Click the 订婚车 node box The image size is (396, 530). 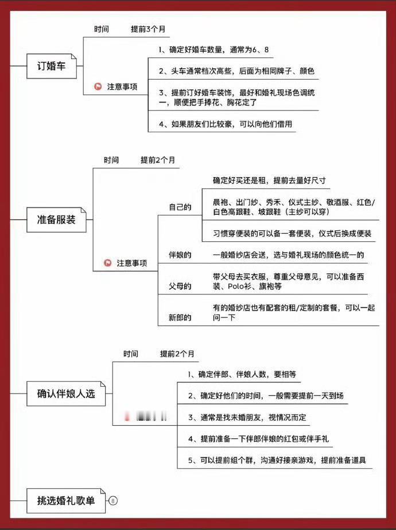pyautogui.click(x=51, y=66)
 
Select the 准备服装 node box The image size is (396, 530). pyautogui.click(x=56, y=219)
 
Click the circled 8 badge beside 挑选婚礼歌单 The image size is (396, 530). pyautogui.click(x=112, y=501)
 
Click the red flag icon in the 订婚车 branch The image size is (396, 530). pyautogui.click(x=98, y=87)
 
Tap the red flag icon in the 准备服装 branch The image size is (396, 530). pyautogui.click(x=107, y=263)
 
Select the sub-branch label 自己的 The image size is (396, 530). pyautogui.click(x=180, y=207)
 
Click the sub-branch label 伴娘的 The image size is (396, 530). pyautogui.click(x=180, y=254)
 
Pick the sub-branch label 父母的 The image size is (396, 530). pyautogui.click(x=180, y=285)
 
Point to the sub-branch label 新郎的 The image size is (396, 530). pyautogui.click(x=180, y=317)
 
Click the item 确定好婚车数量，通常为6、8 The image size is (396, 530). pyautogui.click(x=213, y=50)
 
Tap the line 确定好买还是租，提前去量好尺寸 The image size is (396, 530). pyautogui.click(x=269, y=180)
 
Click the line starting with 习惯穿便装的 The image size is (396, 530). pyautogui.click(x=292, y=233)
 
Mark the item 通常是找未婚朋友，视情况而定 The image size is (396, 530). pyautogui.click(x=247, y=418)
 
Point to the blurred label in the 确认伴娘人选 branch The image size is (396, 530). pyautogui.click(x=146, y=417)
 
